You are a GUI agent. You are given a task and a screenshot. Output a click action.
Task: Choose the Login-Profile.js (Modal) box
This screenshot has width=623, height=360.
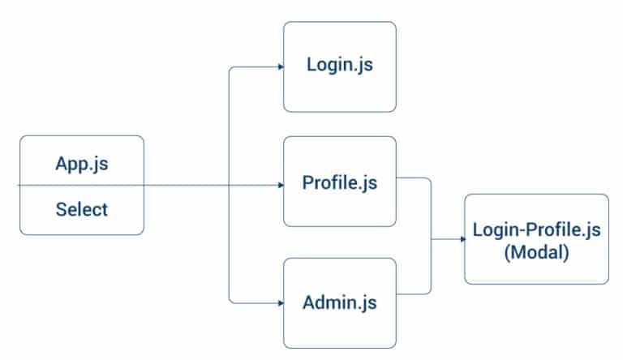pos(536,239)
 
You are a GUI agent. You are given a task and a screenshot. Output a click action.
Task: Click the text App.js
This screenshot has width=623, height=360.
pos(82,163)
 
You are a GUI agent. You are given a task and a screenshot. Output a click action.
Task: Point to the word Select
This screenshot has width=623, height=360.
pos(82,209)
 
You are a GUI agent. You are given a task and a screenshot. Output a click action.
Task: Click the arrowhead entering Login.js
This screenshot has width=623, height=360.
pos(280,67)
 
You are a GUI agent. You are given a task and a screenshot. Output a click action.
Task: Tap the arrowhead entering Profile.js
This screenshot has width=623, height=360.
pos(280,186)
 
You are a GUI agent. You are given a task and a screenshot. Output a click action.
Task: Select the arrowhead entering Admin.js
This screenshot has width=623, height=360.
pos(280,302)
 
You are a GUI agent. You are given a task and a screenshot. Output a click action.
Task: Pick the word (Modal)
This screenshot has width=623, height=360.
pos(536,251)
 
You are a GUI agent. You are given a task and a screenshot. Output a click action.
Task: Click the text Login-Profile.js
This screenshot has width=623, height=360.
pos(536,230)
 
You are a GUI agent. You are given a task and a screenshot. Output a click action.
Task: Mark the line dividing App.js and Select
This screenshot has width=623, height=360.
pos(82,186)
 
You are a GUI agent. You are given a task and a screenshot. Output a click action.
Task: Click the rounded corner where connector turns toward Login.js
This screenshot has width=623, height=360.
pos(232,70)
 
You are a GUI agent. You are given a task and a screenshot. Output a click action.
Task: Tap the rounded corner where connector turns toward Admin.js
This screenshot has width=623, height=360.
pos(232,300)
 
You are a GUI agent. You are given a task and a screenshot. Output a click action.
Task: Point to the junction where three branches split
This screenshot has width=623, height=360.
pos(230,186)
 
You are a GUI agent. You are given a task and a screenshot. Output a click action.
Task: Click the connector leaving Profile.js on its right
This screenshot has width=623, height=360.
pos(414,177)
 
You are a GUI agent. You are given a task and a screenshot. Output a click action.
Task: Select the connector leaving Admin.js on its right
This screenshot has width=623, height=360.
pos(414,293)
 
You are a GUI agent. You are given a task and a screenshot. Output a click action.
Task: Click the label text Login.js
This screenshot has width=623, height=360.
pos(339,66)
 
